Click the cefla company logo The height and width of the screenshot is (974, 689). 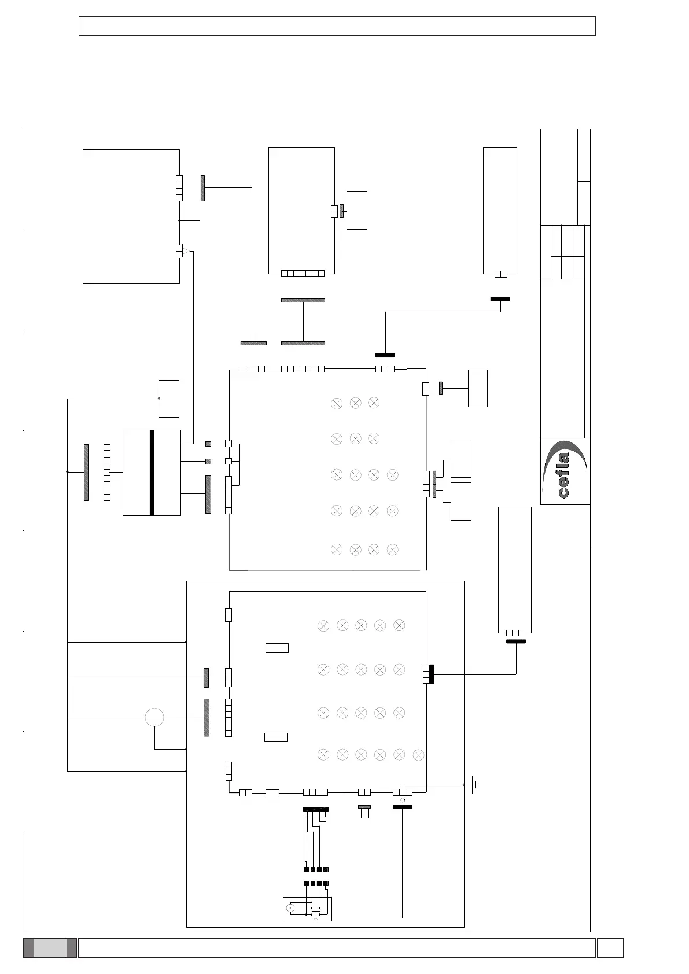point(565,471)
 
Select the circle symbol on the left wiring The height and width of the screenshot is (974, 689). point(154,718)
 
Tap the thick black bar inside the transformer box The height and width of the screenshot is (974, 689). point(152,473)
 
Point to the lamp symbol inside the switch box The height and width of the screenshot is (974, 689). point(291,908)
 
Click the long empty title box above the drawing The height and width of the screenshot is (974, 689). point(337,26)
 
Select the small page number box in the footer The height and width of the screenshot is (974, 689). point(610,948)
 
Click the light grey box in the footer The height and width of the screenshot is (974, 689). point(49,948)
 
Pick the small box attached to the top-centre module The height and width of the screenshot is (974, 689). point(356,210)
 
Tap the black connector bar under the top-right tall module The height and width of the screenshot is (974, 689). point(500,299)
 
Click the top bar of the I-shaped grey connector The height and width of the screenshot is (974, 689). point(303,300)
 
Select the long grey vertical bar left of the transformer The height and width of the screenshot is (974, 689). point(86,472)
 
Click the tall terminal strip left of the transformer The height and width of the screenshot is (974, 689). point(107,472)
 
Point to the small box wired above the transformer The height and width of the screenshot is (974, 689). point(169,399)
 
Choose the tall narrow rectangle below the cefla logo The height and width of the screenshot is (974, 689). point(514,570)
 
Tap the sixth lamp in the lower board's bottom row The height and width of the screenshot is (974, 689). point(419,755)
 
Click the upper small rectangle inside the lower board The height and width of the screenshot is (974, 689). point(277,648)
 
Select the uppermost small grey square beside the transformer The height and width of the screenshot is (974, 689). point(208,444)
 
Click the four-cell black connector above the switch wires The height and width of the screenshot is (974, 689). point(315,809)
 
